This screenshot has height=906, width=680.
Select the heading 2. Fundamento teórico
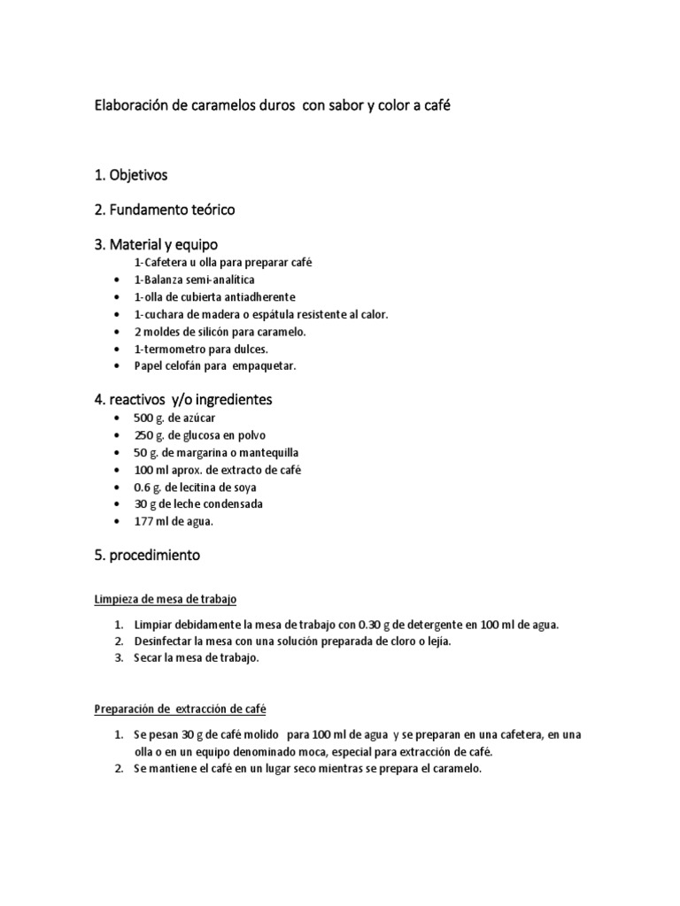(165, 210)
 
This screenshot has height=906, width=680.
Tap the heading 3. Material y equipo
(156, 243)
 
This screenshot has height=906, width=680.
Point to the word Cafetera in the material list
(164, 263)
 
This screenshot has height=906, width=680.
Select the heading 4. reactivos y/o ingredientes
(183, 400)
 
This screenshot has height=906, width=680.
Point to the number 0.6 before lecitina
(142, 488)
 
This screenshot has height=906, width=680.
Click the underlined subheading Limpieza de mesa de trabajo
(166, 600)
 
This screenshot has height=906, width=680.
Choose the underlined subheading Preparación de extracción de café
(181, 710)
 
